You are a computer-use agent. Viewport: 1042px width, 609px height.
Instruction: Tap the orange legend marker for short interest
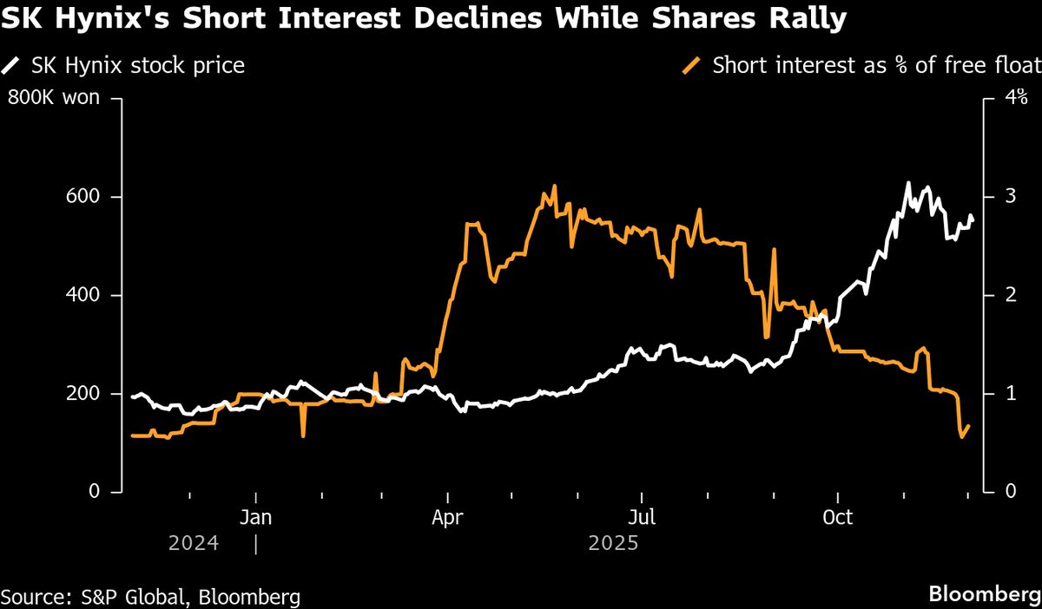[x=692, y=65]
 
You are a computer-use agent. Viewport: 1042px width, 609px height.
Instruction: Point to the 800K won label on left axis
[x=53, y=98]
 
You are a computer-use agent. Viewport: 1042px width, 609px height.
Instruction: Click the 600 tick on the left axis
[x=84, y=197]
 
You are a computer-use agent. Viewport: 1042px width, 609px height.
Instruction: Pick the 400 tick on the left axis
[x=84, y=295]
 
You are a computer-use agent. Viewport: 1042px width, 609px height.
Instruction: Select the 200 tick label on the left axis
[x=84, y=394]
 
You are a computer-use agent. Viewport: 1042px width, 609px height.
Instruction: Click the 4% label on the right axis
[x=1016, y=98]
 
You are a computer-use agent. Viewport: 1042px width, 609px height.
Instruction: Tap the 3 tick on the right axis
[x=1010, y=197]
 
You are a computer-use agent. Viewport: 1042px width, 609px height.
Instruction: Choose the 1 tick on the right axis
[x=1010, y=394]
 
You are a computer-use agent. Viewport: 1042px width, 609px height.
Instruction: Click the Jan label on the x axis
[x=256, y=518]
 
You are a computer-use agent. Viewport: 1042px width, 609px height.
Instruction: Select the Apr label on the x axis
[x=447, y=518]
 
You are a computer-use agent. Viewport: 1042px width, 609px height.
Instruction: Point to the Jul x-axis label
[x=641, y=518]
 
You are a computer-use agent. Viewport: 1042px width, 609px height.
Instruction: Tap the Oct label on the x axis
[x=838, y=518]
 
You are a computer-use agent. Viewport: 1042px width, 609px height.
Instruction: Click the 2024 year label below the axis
[x=194, y=544]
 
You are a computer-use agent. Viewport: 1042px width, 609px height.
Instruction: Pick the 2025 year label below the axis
[x=613, y=544]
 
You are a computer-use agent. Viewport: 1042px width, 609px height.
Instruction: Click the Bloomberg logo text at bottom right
[x=984, y=595]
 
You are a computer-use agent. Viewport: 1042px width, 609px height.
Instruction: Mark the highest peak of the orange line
[x=554, y=186]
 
